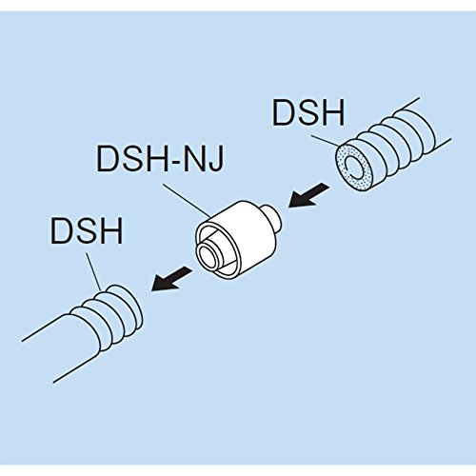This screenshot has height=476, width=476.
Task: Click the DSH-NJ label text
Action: [x=160, y=158]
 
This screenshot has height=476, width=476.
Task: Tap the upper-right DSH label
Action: [x=308, y=112]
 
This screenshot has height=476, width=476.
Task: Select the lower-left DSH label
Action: [x=87, y=230]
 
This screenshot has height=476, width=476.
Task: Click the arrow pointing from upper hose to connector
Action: [x=308, y=195]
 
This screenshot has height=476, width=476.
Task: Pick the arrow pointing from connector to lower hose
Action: [x=171, y=279]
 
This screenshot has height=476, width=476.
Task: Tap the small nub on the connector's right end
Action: [x=272, y=218]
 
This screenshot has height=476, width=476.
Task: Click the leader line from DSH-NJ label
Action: [x=187, y=201]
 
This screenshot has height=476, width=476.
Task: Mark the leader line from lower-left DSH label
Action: [x=93, y=271]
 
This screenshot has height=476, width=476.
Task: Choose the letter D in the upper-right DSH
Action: [x=283, y=112]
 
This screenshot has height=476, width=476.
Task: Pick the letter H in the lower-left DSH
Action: [x=112, y=230]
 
